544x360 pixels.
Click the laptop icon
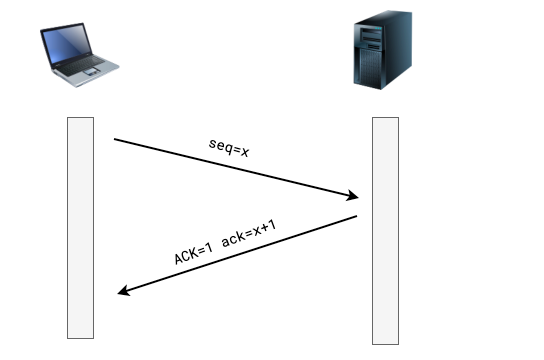tap(79, 55)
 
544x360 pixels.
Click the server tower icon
tap(383, 50)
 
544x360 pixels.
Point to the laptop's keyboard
tap(81, 65)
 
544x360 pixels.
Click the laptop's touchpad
tap(92, 71)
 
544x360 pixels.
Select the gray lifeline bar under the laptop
tap(80, 228)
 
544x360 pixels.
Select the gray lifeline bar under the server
tap(385, 231)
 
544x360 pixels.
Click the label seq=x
tap(229, 148)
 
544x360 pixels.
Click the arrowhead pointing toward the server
tap(353, 196)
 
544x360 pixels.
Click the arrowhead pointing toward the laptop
tap(124, 290)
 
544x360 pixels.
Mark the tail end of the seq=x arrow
tap(114, 139)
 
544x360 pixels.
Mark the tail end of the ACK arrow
tap(357, 216)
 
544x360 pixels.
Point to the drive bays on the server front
tap(371, 39)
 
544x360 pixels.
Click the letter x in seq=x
tap(245, 152)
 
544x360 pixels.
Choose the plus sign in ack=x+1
tap(264, 228)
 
